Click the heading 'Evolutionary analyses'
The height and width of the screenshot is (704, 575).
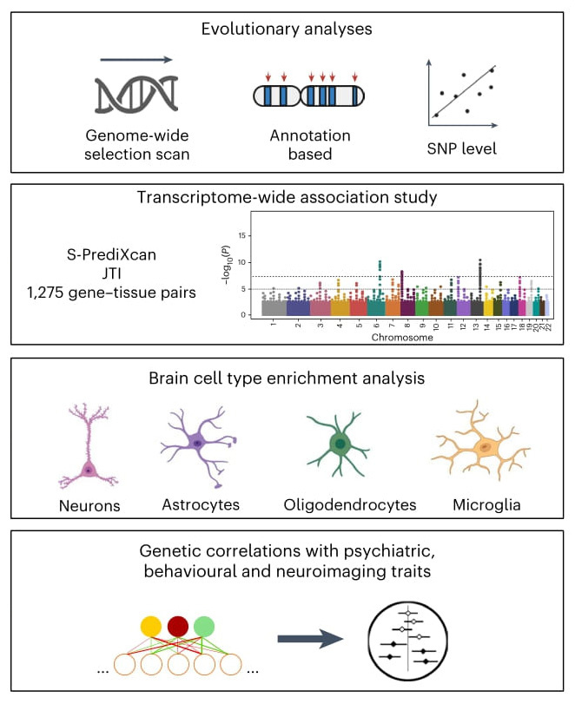tap(287, 30)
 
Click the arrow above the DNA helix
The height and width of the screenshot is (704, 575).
tap(138, 61)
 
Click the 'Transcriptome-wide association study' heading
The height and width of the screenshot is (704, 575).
tap(287, 197)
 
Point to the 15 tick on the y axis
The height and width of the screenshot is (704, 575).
tap(245, 235)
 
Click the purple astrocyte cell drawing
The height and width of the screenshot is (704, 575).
tap(198, 443)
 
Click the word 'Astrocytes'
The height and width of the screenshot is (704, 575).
tap(201, 503)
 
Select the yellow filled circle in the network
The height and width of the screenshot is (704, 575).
tap(152, 626)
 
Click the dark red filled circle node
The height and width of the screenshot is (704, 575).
tap(178, 626)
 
